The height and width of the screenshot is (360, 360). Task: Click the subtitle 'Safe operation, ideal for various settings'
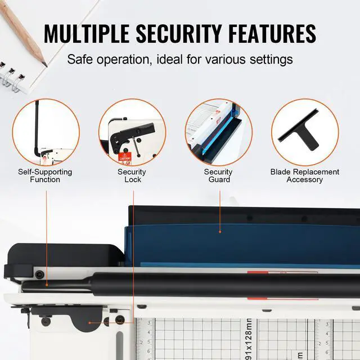pos(180,59)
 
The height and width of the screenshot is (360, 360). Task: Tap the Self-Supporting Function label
pos(46,175)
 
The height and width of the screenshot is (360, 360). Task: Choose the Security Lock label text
pos(132,175)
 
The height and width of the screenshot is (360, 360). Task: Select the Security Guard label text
pos(218,175)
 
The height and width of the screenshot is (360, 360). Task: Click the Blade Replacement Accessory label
pos(304,175)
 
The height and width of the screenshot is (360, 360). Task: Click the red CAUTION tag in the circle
pos(125,156)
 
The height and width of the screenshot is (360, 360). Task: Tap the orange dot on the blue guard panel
pos(219,231)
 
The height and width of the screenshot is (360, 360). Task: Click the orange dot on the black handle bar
pos(46,285)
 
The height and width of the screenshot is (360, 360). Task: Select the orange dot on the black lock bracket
pos(105,322)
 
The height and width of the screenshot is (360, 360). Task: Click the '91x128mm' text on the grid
pos(248,337)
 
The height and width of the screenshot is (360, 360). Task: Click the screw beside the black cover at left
pos(39,274)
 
